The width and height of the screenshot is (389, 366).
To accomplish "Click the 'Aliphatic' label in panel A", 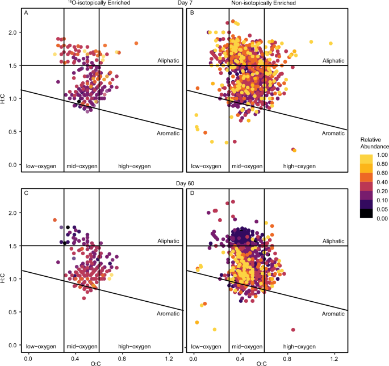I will [168, 60].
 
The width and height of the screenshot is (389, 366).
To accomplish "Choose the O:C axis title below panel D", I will [263, 362].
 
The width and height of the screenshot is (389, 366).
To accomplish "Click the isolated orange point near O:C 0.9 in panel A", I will [136, 43].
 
